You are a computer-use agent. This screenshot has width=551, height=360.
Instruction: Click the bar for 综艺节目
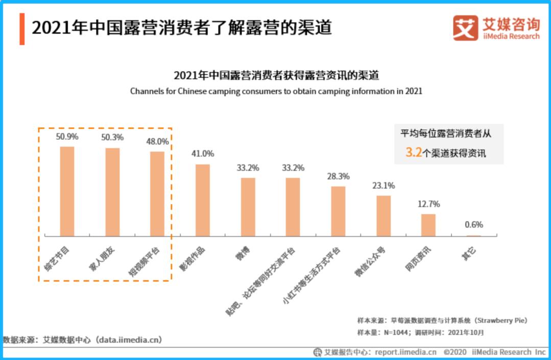point(67,191)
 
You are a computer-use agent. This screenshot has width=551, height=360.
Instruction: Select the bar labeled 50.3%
point(112,192)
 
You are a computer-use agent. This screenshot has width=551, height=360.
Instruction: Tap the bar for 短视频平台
point(157,194)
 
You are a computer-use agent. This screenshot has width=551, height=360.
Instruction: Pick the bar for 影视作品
point(203,200)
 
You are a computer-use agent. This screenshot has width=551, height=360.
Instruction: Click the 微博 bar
point(248,207)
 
